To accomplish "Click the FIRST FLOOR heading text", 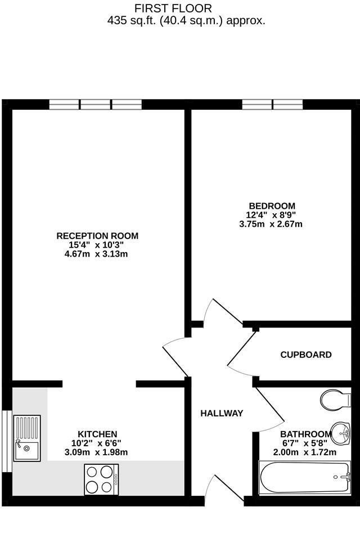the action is click(173, 8).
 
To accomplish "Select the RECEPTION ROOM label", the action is click(97, 236).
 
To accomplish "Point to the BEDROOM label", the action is click(272, 206).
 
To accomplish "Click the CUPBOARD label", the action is click(306, 355).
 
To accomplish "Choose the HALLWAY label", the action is click(222, 414).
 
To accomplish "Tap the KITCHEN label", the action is click(97, 434).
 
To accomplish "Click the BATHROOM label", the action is click(306, 434).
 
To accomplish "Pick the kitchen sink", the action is click(27, 438).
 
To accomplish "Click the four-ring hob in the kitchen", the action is click(101, 479).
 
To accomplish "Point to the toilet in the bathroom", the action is click(336, 400).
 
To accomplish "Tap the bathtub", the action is click(305, 478).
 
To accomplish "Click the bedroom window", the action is click(273, 104).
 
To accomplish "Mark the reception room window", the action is click(96, 104).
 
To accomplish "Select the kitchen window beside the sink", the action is click(7, 441).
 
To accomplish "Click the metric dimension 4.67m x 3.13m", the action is click(96, 254).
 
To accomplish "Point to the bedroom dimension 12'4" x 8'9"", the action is click(271, 215).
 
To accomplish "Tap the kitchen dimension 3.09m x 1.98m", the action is click(96, 452).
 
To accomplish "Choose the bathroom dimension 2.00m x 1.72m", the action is click(304, 452).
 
